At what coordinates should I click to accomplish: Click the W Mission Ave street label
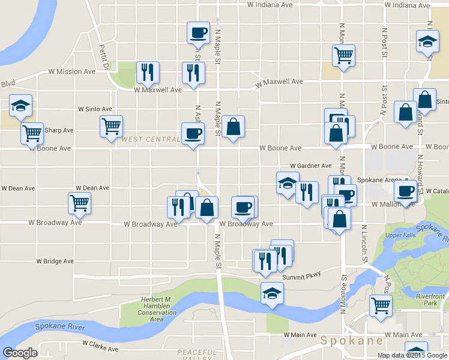coord(72,71)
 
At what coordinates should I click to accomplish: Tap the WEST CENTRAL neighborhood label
coord(150,139)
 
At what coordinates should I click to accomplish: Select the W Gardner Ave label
coord(310,166)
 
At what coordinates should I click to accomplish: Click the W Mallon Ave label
coord(390,205)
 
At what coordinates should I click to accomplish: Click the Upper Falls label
coord(400,235)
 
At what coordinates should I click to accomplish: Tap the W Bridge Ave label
coord(55,262)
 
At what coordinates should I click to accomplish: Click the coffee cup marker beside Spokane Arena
coord(406,192)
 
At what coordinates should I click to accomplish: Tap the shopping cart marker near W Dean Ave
coord(80,203)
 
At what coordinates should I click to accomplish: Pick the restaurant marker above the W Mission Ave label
coord(147,73)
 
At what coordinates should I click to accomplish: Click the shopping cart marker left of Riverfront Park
coord(381,305)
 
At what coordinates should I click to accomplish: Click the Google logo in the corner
coord(20,353)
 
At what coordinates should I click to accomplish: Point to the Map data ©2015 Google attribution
coord(412,355)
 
